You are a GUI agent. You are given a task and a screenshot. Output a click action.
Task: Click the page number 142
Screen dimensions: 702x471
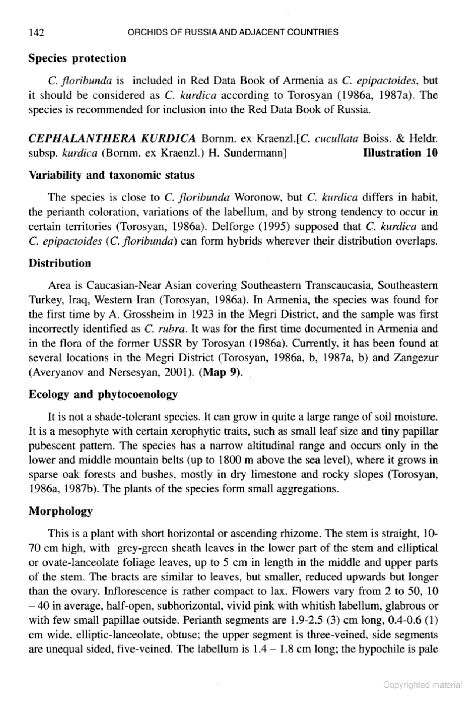[x=36, y=33]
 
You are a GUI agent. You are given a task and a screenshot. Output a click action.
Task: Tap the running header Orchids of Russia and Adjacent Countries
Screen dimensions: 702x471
[x=232, y=32]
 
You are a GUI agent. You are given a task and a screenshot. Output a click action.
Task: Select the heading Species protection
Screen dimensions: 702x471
[x=77, y=59]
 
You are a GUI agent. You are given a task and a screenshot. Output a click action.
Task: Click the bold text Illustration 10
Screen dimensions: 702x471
[x=400, y=152]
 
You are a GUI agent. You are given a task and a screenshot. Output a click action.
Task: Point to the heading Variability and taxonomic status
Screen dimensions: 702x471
[x=111, y=175]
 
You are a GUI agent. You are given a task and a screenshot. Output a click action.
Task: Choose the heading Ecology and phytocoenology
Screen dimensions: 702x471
[x=103, y=394]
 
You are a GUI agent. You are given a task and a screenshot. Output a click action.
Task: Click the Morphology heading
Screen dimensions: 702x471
[x=61, y=511]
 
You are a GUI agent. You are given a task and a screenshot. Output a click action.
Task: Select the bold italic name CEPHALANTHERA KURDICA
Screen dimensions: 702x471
[x=112, y=138]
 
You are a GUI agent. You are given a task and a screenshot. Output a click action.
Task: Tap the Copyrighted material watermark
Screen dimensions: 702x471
[x=422, y=685]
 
